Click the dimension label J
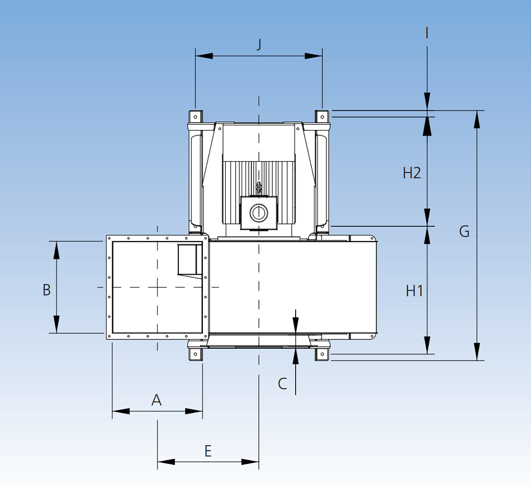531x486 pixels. click(x=259, y=44)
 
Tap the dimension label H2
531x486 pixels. click(x=411, y=173)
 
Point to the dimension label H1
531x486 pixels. click(x=414, y=291)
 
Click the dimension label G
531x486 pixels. click(x=464, y=231)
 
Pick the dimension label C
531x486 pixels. click(x=283, y=384)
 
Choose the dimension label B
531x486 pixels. click(x=47, y=290)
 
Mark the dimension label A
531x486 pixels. click(x=157, y=400)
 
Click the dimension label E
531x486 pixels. click(x=208, y=452)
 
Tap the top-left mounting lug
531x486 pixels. click(x=195, y=117)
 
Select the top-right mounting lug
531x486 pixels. click(x=322, y=117)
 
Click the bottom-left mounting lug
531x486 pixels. click(x=195, y=354)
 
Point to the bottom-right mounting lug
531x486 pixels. click(x=322, y=354)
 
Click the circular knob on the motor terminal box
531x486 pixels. click(x=258, y=213)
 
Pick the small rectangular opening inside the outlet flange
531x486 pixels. click(x=190, y=259)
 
